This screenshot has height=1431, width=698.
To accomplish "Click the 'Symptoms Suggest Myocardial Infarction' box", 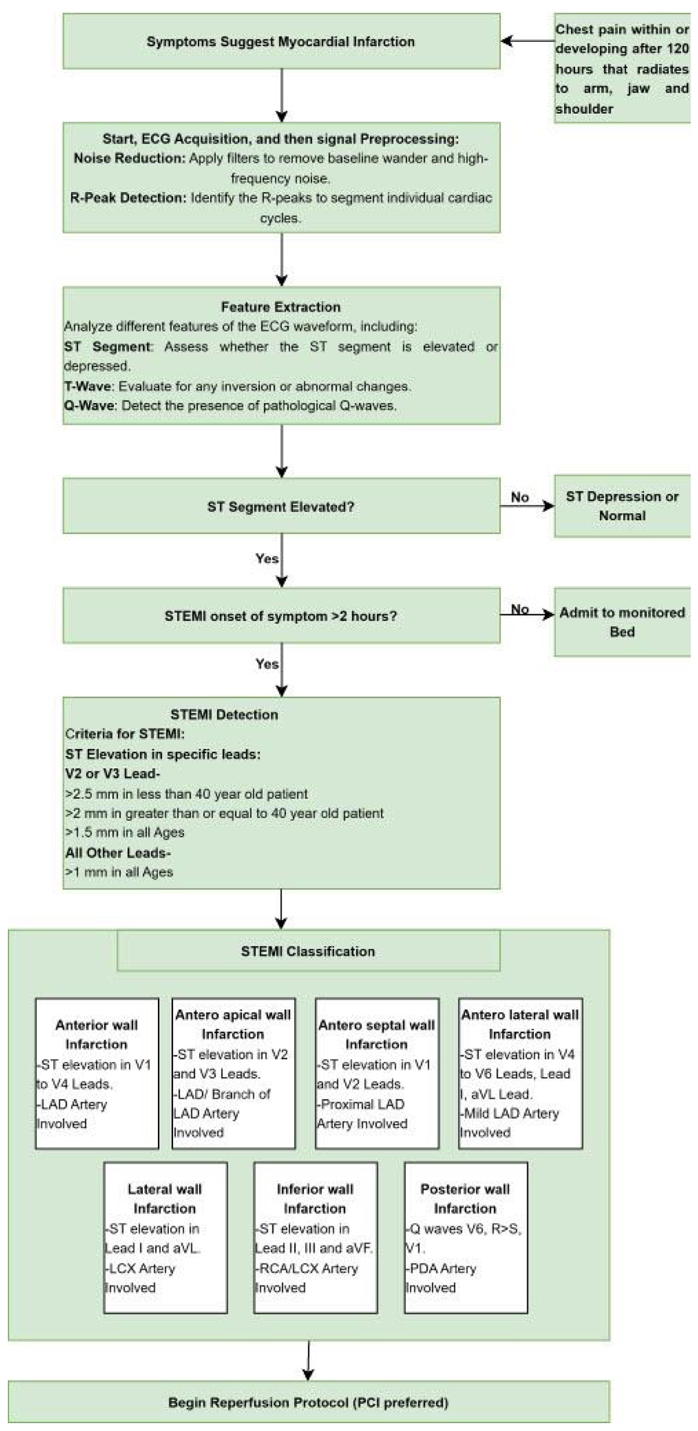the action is [x=282, y=41].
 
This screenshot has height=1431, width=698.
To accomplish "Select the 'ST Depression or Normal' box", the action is [x=622, y=506].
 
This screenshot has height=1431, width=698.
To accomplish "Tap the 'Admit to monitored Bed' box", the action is [x=622, y=622].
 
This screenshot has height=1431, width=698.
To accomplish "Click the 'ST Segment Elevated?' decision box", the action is [x=282, y=506].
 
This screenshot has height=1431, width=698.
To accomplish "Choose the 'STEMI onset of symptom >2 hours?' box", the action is [x=282, y=616].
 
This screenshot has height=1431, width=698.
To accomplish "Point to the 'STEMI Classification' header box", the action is [x=309, y=951].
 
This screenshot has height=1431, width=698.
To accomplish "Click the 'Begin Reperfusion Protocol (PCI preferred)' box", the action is [x=309, y=1402].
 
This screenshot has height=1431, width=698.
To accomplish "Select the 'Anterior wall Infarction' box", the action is [x=97, y=1074].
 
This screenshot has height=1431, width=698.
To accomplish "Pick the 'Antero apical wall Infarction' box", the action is [x=234, y=1074].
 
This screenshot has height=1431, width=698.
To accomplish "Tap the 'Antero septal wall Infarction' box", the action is [x=377, y=1074].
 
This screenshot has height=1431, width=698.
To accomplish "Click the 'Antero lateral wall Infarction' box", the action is [x=521, y=1074].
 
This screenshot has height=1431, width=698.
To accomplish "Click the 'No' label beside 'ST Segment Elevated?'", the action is [x=520, y=497].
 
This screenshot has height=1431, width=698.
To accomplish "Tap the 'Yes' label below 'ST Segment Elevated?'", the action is [x=267, y=558].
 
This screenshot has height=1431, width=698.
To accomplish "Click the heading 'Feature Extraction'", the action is [x=281, y=307].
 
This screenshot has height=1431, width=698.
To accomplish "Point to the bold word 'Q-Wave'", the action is [x=89, y=406].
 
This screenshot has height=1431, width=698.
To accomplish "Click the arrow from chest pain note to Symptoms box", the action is [x=528, y=41].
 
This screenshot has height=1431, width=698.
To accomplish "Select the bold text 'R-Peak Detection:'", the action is [x=128, y=198].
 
